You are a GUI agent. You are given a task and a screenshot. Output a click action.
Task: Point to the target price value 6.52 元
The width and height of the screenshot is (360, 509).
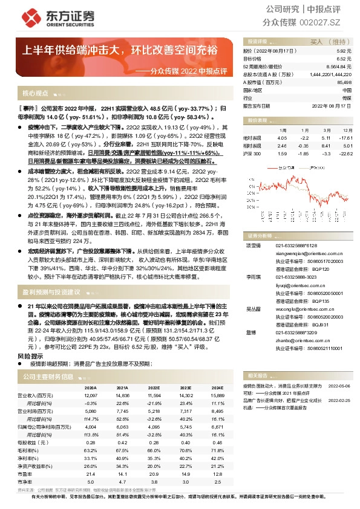click(344, 59)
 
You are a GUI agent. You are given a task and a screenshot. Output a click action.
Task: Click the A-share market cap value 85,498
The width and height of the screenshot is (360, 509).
click(343, 82)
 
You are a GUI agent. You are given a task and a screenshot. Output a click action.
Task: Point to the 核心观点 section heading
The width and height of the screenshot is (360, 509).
click(35, 94)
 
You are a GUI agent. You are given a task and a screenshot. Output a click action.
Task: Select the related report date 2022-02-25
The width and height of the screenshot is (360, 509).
click(338, 400)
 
